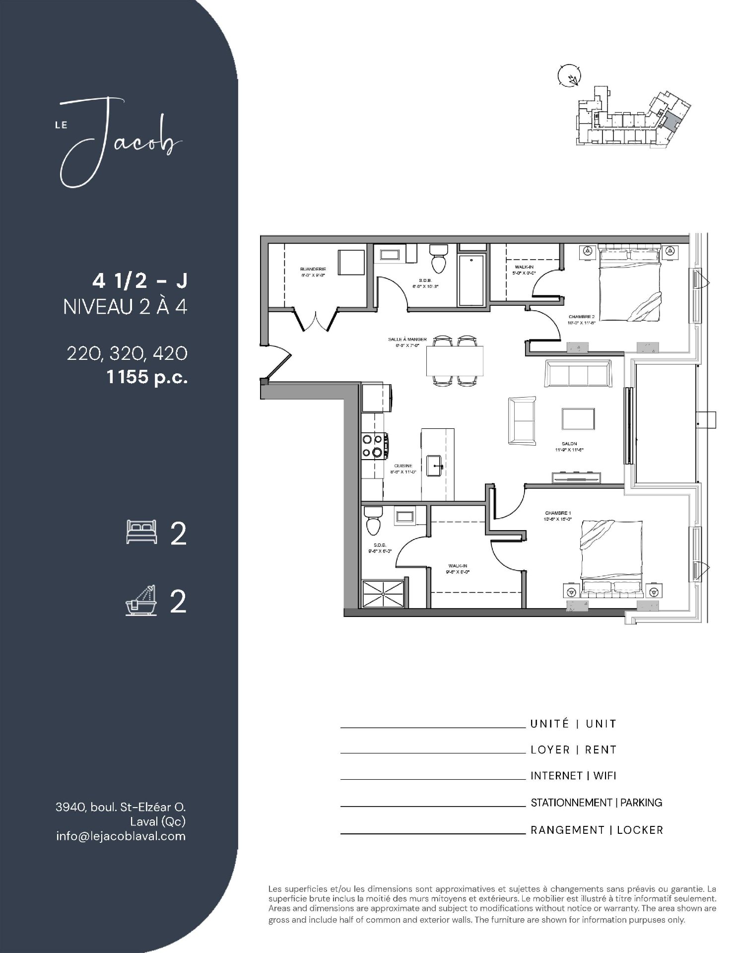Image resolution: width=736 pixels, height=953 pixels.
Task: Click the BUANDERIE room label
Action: coord(313,269)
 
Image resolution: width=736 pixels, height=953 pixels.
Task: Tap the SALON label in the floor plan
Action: coord(569,444)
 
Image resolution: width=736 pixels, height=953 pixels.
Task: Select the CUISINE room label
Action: coord(402,466)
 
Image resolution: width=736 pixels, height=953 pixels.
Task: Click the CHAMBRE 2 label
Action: coord(581,316)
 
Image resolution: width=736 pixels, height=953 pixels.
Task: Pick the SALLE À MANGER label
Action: coord(407,340)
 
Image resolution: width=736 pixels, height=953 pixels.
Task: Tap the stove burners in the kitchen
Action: coord(373,445)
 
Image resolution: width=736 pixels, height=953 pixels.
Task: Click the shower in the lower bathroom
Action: coord(384,593)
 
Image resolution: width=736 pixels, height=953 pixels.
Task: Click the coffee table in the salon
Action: coord(578,419)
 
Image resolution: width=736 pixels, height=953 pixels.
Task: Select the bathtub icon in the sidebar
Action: coord(141,601)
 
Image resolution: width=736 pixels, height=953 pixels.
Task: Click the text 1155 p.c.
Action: coord(147,377)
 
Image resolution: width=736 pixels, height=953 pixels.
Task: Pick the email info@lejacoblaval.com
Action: coord(121,836)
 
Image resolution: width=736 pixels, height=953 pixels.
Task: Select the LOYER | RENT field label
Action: coord(573,749)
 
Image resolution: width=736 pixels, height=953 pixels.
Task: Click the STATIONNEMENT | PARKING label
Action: coord(596,803)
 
